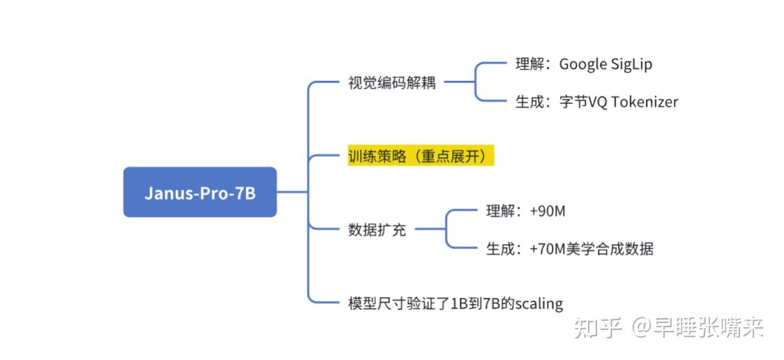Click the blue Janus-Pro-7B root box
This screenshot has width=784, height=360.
pos(199,192)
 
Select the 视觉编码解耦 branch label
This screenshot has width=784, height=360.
pos(391,83)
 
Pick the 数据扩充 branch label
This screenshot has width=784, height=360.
pos(377,230)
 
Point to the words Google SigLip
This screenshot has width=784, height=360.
pos(605,64)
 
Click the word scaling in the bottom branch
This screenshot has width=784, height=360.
pos(538,303)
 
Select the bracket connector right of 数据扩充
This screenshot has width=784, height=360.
pos(447,229)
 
